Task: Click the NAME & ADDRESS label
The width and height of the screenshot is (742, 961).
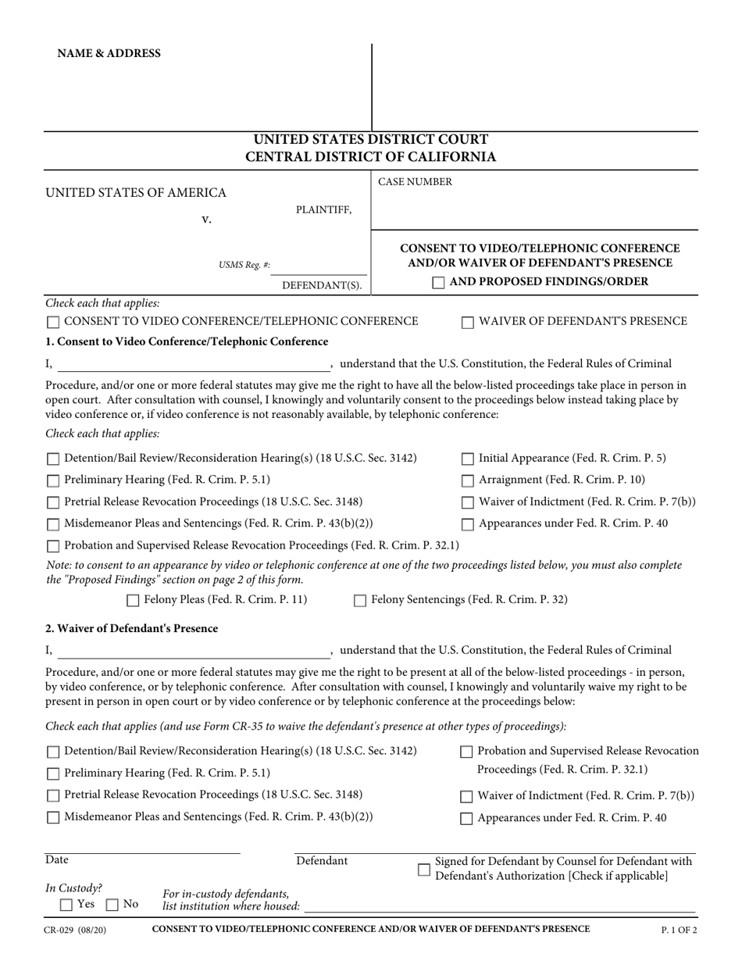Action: point(109,53)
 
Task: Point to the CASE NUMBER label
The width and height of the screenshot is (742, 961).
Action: point(415,182)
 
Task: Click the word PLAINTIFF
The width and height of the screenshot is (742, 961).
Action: point(323,209)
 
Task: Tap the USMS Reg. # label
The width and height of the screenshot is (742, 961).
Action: point(244,265)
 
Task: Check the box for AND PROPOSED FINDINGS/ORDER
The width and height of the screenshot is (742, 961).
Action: point(439,282)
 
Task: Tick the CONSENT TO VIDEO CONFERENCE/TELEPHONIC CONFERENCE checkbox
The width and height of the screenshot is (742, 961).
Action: point(53,322)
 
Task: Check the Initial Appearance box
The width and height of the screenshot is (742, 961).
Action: point(469,459)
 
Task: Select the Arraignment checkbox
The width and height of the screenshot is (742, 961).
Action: point(469,480)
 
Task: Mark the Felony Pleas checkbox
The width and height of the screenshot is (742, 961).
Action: point(133,601)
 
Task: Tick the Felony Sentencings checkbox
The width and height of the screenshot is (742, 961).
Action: point(360,601)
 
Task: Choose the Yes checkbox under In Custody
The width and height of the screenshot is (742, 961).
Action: point(66,905)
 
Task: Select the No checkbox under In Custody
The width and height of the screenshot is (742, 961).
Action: point(112,905)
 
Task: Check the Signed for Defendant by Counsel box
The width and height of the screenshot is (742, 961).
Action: point(424,869)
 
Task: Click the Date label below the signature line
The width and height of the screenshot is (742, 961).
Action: point(57,860)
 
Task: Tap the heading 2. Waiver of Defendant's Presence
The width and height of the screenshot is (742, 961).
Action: point(132,628)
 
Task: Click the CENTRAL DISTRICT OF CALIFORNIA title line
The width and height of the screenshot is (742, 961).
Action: point(371,157)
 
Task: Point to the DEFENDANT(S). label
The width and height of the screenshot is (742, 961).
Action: point(322,285)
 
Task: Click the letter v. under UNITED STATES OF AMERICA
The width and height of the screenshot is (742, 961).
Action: point(206,220)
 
